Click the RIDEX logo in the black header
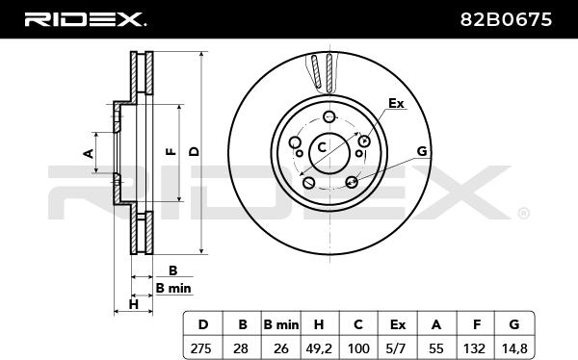pos(85,19)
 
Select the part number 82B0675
pos(506,19)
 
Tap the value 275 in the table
pos(201,347)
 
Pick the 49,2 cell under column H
pos(319,348)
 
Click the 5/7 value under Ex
pos(398,347)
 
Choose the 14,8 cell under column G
pos(514,348)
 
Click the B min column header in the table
pos(281,324)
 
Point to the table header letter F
pos(477,324)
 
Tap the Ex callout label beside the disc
pos(396,104)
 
